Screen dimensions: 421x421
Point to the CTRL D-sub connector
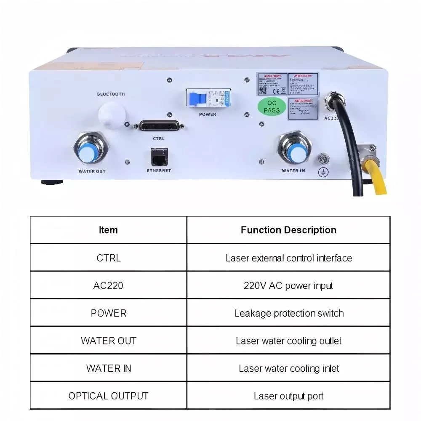point(159,125)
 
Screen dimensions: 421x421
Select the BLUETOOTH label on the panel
point(111,94)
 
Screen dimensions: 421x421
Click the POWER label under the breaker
point(207,115)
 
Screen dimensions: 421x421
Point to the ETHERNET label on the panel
point(159,171)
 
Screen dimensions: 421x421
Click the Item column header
point(108,230)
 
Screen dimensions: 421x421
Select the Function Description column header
point(288,230)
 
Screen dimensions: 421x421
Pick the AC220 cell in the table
point(108,285)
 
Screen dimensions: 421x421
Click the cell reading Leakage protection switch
point(288,313)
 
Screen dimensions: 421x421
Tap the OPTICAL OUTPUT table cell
point(108,396)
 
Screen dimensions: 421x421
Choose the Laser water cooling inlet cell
point(288,368)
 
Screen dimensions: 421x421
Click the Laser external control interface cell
point(288,258)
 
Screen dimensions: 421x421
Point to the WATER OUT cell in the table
point(108,341)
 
